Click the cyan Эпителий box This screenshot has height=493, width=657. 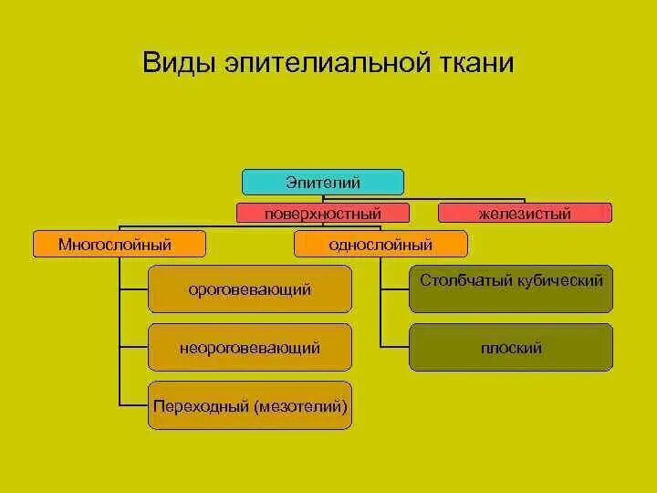point(323,182)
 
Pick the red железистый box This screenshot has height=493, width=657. point(525,214)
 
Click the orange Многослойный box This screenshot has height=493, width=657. point(120,244)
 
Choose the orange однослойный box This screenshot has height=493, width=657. point(381,244)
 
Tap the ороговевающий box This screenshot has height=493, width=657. point(249,288)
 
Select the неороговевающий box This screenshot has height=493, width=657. point(249,348)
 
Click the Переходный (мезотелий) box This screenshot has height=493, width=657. point(249,405)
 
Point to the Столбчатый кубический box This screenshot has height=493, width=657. point(511,288)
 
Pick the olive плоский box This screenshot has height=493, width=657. point(511,348)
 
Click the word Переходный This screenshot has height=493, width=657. point(200,405)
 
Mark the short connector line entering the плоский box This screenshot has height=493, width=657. point(394,347)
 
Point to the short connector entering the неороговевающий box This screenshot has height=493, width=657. point(133,347)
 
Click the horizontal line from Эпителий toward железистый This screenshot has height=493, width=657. point(465,198)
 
